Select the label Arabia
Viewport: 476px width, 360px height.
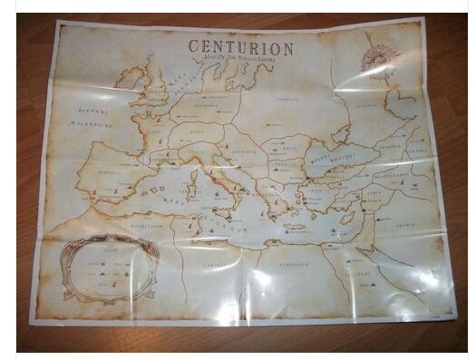[x=413, y=229]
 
